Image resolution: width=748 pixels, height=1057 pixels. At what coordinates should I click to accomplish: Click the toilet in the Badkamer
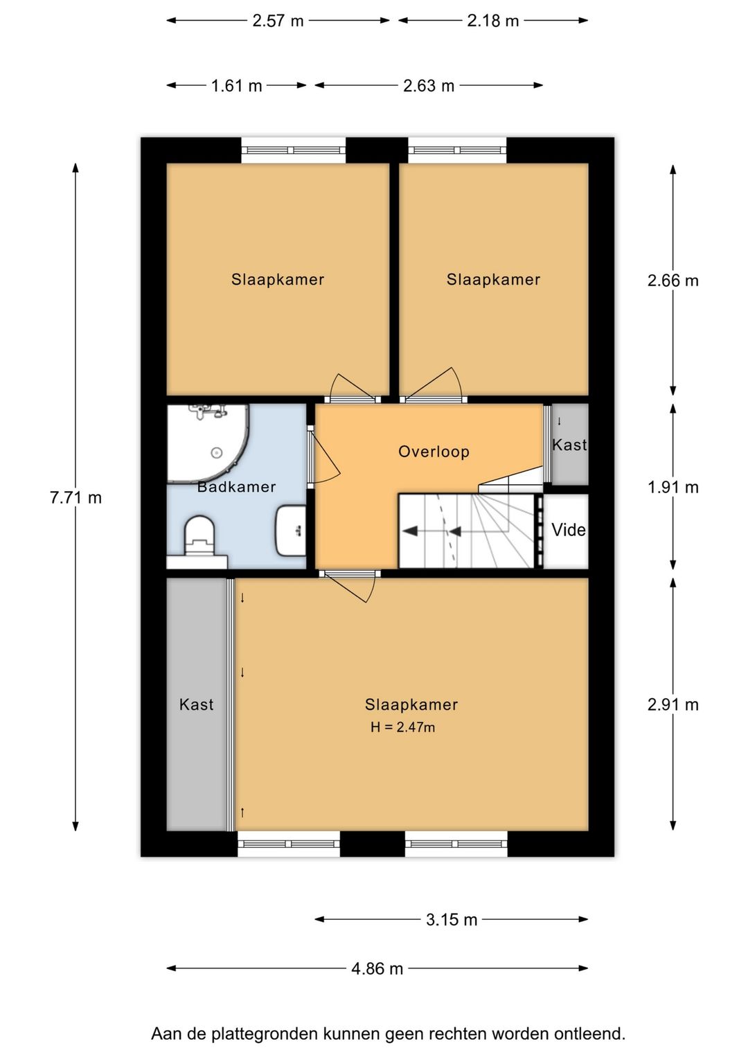pos(199,535)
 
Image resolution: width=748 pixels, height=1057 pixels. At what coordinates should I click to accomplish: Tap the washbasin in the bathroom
pos(290,531)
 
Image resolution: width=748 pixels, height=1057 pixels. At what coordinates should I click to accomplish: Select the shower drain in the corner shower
pos(216,452)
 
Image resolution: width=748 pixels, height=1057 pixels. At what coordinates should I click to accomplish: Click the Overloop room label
pos(434,452)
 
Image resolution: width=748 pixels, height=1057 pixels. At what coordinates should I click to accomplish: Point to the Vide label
pos(568,530)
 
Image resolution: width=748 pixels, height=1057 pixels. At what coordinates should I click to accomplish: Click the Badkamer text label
pos(236,486)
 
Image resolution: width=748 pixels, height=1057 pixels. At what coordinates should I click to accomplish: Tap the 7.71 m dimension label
pos(76,498)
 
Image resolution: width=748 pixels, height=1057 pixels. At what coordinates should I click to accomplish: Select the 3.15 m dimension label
pos(452,919)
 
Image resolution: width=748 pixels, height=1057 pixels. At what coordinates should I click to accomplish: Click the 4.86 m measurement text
pos(377,969)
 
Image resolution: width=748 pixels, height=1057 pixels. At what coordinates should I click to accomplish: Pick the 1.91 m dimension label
pos(673,487)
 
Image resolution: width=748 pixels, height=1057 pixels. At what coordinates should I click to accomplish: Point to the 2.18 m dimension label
pos(493,21)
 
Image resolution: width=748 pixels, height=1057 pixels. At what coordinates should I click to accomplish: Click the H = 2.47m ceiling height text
pos(402,727)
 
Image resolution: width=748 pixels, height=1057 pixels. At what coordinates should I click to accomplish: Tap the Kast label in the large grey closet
pos(196,704)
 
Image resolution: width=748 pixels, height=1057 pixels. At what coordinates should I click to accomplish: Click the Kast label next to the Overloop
pos(569,445)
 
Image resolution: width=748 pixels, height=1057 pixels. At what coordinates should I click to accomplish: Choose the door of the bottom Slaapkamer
pos(350,586)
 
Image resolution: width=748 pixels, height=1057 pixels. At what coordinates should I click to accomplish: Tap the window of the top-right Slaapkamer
pos(457,150)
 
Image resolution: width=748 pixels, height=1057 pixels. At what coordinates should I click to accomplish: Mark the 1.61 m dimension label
pos(236,86)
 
